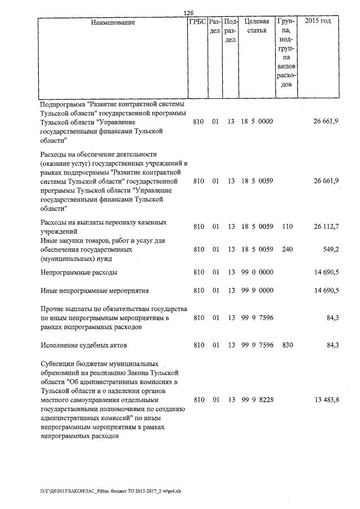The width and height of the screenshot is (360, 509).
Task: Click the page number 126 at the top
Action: pos(188,13)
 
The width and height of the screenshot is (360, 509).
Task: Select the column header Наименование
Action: pos(112,22)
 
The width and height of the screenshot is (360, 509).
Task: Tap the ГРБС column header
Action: pos(197,22)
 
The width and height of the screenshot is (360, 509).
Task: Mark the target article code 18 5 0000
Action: pos(256,121)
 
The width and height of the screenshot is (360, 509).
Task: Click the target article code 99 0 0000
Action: pos(256,272)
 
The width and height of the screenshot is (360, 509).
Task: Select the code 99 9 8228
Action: pos(256,400)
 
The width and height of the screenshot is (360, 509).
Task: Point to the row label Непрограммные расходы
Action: pos(79,272)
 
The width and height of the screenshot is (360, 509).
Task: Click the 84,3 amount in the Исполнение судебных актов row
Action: pos(332,345)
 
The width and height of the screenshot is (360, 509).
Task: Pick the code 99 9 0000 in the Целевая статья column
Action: pos(256,291)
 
